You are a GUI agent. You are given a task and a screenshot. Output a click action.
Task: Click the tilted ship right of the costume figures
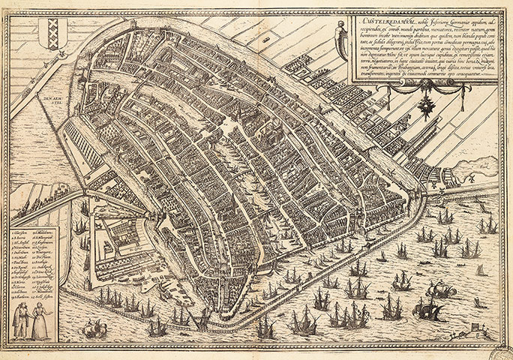94,328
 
